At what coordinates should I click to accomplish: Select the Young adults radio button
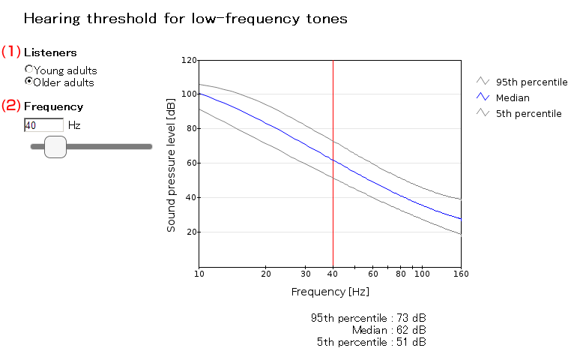point(29,70)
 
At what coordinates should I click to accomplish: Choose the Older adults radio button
point(29,81)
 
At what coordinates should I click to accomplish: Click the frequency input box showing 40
point(43,125)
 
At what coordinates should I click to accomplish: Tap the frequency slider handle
point(55,147)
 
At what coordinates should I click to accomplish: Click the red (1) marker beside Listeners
point(10,52)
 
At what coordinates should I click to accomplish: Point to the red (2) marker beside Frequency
point(10,106)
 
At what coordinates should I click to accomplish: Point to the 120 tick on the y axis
point(188,60)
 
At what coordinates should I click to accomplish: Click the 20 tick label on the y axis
point(190,232)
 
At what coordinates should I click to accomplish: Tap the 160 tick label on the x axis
point(460,274)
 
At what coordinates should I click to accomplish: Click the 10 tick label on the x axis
point(199,274)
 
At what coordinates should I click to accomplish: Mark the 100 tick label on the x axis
point(422,274)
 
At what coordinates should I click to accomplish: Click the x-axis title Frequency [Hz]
point(330,291)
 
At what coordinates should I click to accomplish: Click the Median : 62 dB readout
point(389,330)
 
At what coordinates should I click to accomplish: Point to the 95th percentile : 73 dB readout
point(368,317)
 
